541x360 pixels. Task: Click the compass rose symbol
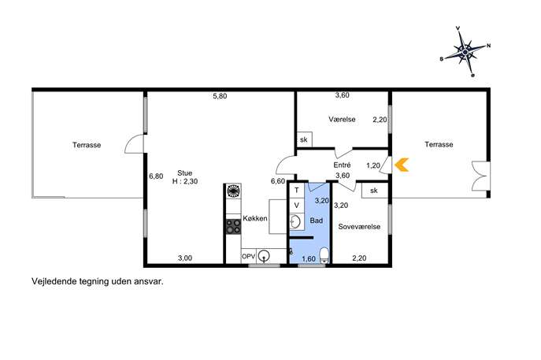465,52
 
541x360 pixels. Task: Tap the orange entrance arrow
402,165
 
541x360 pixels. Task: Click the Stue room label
184,173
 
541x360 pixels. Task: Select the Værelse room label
342,120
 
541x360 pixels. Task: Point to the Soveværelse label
359,226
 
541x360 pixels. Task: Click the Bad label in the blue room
316,221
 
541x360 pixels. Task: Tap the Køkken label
255,218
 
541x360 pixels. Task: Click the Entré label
342,165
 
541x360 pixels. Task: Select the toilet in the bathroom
324,255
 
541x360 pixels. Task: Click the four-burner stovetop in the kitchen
233,227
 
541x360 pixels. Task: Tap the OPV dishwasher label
248,257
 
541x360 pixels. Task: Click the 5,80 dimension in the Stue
220,96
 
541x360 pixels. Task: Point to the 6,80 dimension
156,176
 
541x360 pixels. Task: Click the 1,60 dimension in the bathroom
309,258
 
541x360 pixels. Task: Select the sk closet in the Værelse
304,139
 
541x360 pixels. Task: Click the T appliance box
296,190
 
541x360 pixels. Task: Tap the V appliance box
296,206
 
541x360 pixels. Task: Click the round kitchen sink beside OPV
265,256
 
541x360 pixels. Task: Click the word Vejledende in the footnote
54,281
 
